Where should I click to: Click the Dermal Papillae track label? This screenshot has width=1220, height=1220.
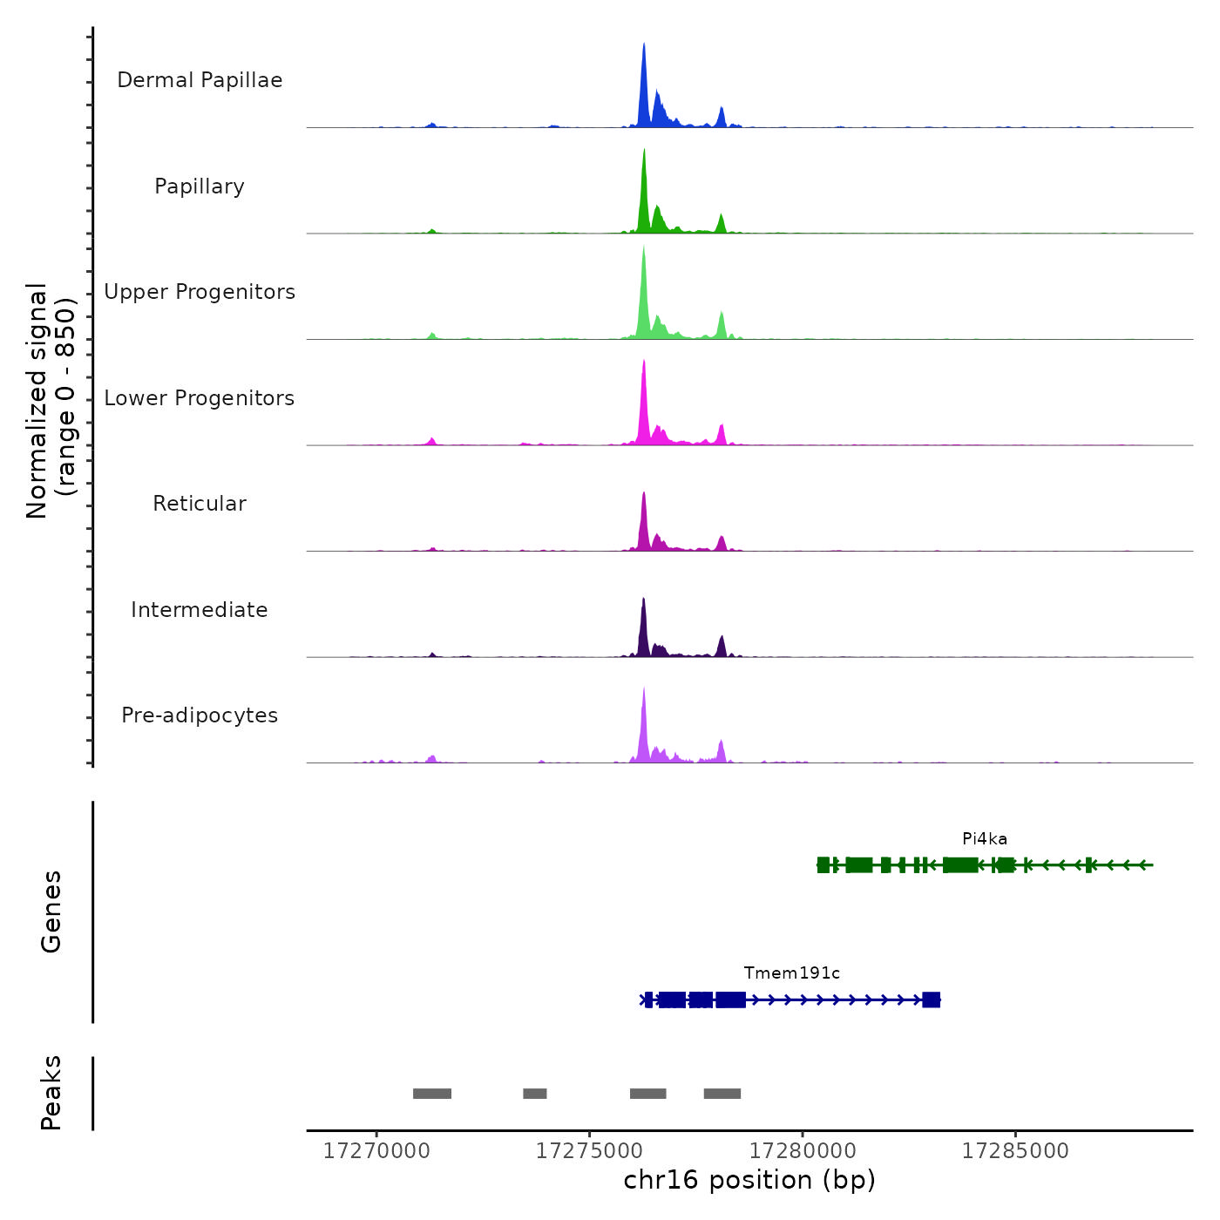[x=200, y=80]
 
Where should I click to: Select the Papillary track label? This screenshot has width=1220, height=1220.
[x=200, y=186]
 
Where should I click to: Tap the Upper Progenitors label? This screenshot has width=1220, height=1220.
[x=200, y=292]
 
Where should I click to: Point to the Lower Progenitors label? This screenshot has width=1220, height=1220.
[x=200, y=398]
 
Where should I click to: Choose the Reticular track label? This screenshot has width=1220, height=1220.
[x=200, y=504]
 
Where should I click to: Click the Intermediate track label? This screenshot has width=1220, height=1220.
[x=200, y=610]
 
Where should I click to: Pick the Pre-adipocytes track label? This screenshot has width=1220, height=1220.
[x=200, y=715]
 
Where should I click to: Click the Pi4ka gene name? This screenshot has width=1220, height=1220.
[x=985, y=839]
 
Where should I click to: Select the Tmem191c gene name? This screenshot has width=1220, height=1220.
[x=791, y=973]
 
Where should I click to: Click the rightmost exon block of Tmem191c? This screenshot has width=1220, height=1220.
[x=932, y=1000]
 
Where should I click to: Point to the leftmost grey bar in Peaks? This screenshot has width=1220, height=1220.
[x=432, y=1094]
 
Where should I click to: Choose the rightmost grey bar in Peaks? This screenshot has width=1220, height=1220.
[x=722, y=1094]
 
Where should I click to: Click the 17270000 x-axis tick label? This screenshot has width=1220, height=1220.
[x=376, y=1151]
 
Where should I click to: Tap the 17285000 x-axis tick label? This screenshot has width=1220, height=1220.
[x=1015, y=1151]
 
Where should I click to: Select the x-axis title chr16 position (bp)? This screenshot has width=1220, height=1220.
[x=749, y=1180]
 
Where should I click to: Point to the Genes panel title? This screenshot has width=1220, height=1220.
[x=51, y=912]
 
